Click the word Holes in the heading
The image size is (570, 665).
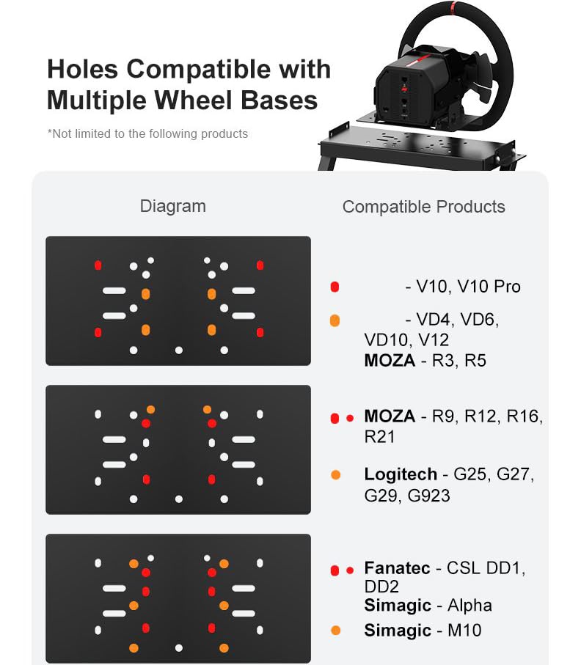[x=82, y=69]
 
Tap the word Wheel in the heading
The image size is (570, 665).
[x=193, y=100]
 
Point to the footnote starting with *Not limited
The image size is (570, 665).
[x=147, y=133]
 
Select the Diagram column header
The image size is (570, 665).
[x=172, y=207]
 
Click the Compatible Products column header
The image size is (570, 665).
[x=423, y=207]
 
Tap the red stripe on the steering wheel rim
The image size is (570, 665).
[x=453, y=7]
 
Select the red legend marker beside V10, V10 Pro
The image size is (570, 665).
[x=335, y=287]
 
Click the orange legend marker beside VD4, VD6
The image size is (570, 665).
[x=335, y=320]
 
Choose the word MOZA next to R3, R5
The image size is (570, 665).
[x=390, y=361]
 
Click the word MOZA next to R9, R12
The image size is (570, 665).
[x=390, y=416]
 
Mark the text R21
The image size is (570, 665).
[x=379, y=437]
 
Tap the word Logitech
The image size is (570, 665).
[x=401, y=474]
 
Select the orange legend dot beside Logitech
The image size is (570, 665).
[x=336, y=475]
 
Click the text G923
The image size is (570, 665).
[x=428, y=496]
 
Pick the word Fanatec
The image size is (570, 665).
[x=397, y=568]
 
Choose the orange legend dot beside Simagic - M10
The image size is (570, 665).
[x=336, y=631]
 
